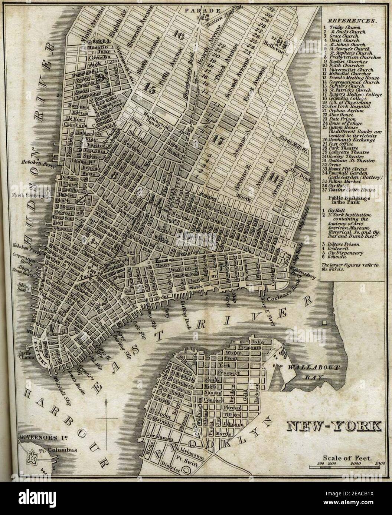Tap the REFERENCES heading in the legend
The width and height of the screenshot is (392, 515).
point(350,21)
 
